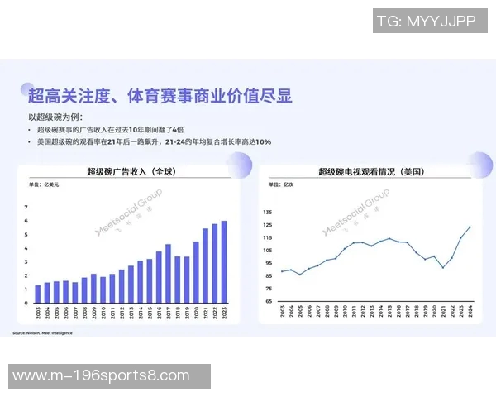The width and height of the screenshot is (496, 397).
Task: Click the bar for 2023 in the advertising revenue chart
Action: pos(223,262)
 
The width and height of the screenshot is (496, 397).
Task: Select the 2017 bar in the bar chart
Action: pos(168,274)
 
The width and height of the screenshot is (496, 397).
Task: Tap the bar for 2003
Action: pos(38,294)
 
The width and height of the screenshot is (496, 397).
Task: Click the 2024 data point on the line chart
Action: pos(470,227)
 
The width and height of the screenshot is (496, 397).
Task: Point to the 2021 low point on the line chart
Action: pos(443,267)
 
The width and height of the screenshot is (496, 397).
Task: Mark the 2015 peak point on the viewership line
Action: pos(389,238)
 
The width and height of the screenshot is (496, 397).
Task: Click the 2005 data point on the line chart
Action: pos(299,274)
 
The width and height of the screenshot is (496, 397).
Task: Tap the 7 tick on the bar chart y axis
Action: pos(26,218)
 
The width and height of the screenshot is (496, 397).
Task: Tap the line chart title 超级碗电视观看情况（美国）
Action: pos(372,172)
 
